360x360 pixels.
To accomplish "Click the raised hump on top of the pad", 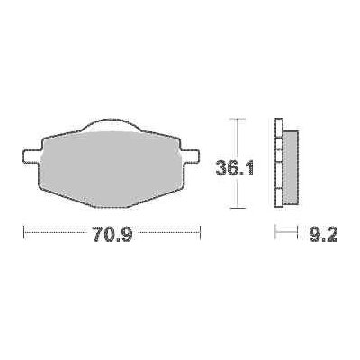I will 112,123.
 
